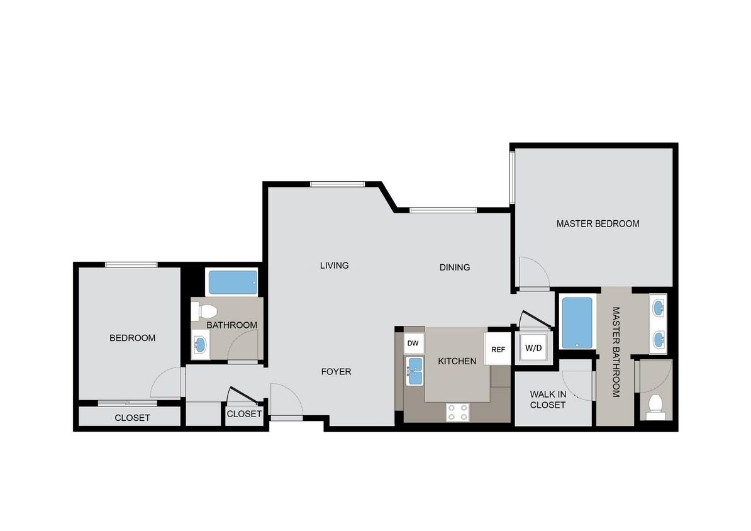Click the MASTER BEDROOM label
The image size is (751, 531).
(x=598, y=223)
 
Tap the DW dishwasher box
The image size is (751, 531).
(x=413, y=343)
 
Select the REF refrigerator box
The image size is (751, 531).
(x=498, y=350)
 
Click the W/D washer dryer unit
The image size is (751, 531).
(x=534, y=348)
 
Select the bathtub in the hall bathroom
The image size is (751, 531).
(x=232, y=282)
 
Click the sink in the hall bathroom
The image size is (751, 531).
(x=200, y=344)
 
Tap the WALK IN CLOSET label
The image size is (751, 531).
(x=547, y=400)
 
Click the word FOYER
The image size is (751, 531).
(x=336, y=372)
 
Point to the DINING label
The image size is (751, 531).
(x=454, y=267)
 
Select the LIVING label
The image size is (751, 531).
(x=334, y=265)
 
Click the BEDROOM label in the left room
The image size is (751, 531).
(x=132, y=338)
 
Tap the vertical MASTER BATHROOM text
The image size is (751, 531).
(x=616, y=352)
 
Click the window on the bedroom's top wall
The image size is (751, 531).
(x=131, y=265)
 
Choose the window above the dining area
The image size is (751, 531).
(x=443, y=210)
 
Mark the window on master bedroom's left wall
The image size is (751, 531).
(x=513, y=179)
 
